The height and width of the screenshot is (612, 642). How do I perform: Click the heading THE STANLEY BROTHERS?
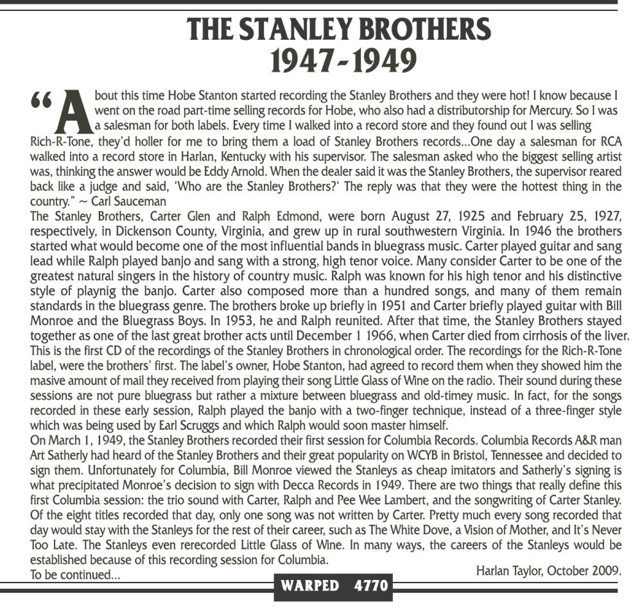339,30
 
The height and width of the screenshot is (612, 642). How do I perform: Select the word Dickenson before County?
133,231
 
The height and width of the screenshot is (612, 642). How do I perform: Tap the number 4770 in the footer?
369,586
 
